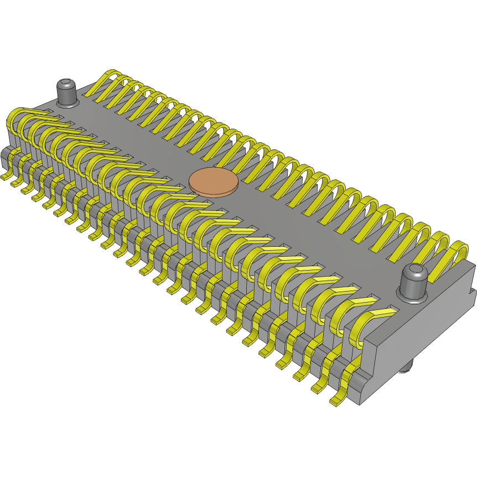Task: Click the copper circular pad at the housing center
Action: click(x=214, y=180)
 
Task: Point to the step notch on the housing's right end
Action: click(x=471, y=290)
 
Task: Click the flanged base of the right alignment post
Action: click(x=413, y=297)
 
